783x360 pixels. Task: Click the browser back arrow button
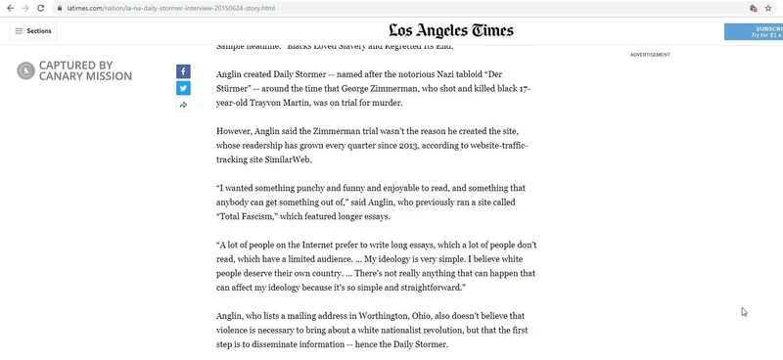[x=11, y=8]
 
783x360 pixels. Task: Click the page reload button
[x=41, y=8]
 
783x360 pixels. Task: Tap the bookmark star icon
[x=768, y=8]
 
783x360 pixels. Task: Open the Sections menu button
[x=32, y=31]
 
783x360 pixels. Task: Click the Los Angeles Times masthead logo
[x=450, y=31]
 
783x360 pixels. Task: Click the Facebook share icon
[x=183, y=71]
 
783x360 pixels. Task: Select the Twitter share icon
[x=183, y=88]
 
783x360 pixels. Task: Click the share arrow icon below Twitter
[x=183, y=105]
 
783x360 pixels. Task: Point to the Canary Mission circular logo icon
[x=25, y=70]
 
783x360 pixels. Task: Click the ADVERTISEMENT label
[x=650, y=55]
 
